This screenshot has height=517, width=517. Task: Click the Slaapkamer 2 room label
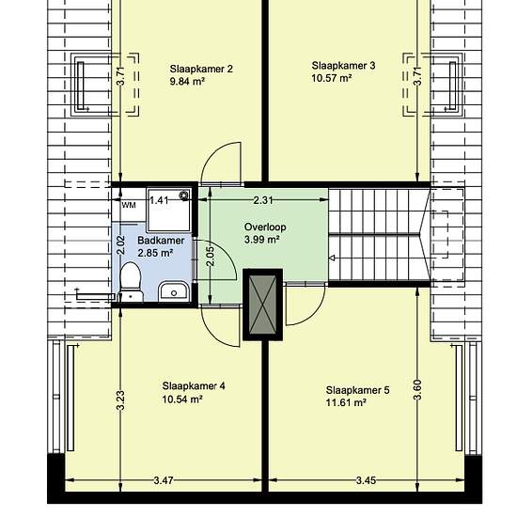coord(201,69)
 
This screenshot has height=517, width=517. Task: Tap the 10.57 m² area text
coord(331,78)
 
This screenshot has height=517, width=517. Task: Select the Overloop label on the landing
coord(265,227)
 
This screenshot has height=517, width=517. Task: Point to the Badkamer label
coord(161,241)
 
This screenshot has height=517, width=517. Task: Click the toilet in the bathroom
coord(131,282)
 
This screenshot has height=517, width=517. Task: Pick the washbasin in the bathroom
coord(174,291)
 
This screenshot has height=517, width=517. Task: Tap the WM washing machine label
coord(129,205)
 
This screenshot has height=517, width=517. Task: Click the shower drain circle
coord(183,196)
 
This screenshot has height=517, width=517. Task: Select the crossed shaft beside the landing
coord(262,305)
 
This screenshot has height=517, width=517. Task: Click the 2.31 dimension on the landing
coord(263,200)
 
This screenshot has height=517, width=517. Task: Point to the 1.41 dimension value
coord(159,200)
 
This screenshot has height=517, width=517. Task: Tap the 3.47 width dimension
coord(164,480)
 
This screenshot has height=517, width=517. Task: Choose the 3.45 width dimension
coord(366,480)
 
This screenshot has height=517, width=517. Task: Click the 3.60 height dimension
coord(417,390)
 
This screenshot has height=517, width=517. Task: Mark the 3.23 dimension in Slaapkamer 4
coord(120,400)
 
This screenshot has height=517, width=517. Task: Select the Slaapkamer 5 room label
coord(358,390)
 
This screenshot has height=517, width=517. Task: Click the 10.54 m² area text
coord(182,399)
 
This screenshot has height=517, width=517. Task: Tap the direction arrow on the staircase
coord(333,258)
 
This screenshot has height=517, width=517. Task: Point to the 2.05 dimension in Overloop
coord(211,257)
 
